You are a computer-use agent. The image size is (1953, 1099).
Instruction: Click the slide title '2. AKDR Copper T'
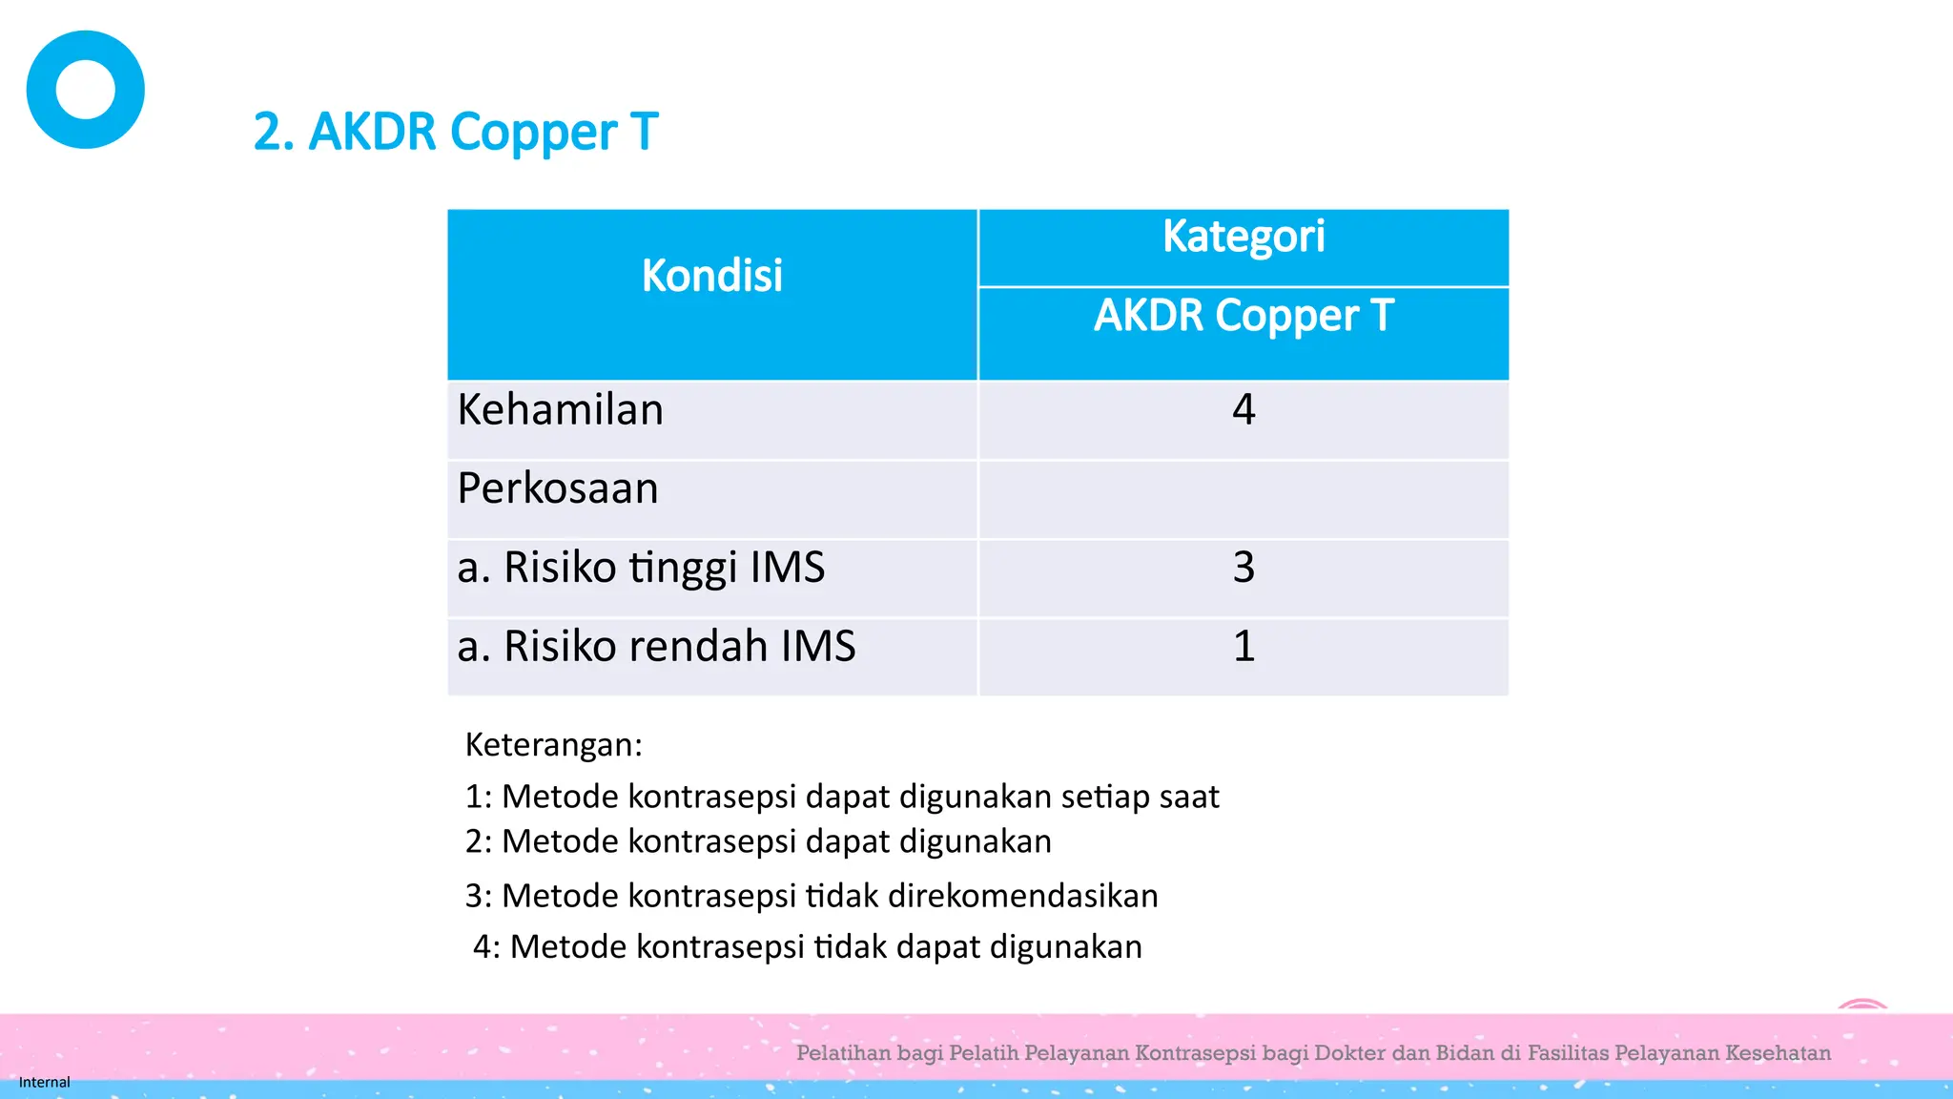click(456, 132)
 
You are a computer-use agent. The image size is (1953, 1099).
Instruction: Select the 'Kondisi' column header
click(711, 276)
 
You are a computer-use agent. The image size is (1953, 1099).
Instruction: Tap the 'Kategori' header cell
click(1243, 237)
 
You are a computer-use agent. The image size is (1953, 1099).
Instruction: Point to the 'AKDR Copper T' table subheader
click(1243, 316)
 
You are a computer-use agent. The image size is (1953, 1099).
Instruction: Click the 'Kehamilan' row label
click(560, 410)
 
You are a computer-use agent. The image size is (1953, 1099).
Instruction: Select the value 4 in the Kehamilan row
click(1244, 410)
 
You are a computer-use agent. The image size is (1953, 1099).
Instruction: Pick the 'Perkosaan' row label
click(558, 488)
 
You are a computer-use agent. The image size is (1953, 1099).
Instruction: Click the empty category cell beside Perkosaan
click(1244, 499)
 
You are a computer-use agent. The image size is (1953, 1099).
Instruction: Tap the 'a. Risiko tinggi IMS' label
click(641, 568)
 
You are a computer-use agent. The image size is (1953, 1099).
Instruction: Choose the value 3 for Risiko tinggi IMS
click(1244, 568)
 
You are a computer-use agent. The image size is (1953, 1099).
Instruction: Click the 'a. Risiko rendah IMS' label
click(656, 647)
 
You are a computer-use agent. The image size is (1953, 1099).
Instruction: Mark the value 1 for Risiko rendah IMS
click(1244, 647)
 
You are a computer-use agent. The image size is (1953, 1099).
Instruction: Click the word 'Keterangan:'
click(554, 745)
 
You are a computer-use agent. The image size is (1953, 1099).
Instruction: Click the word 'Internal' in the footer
click(44, 1082)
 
